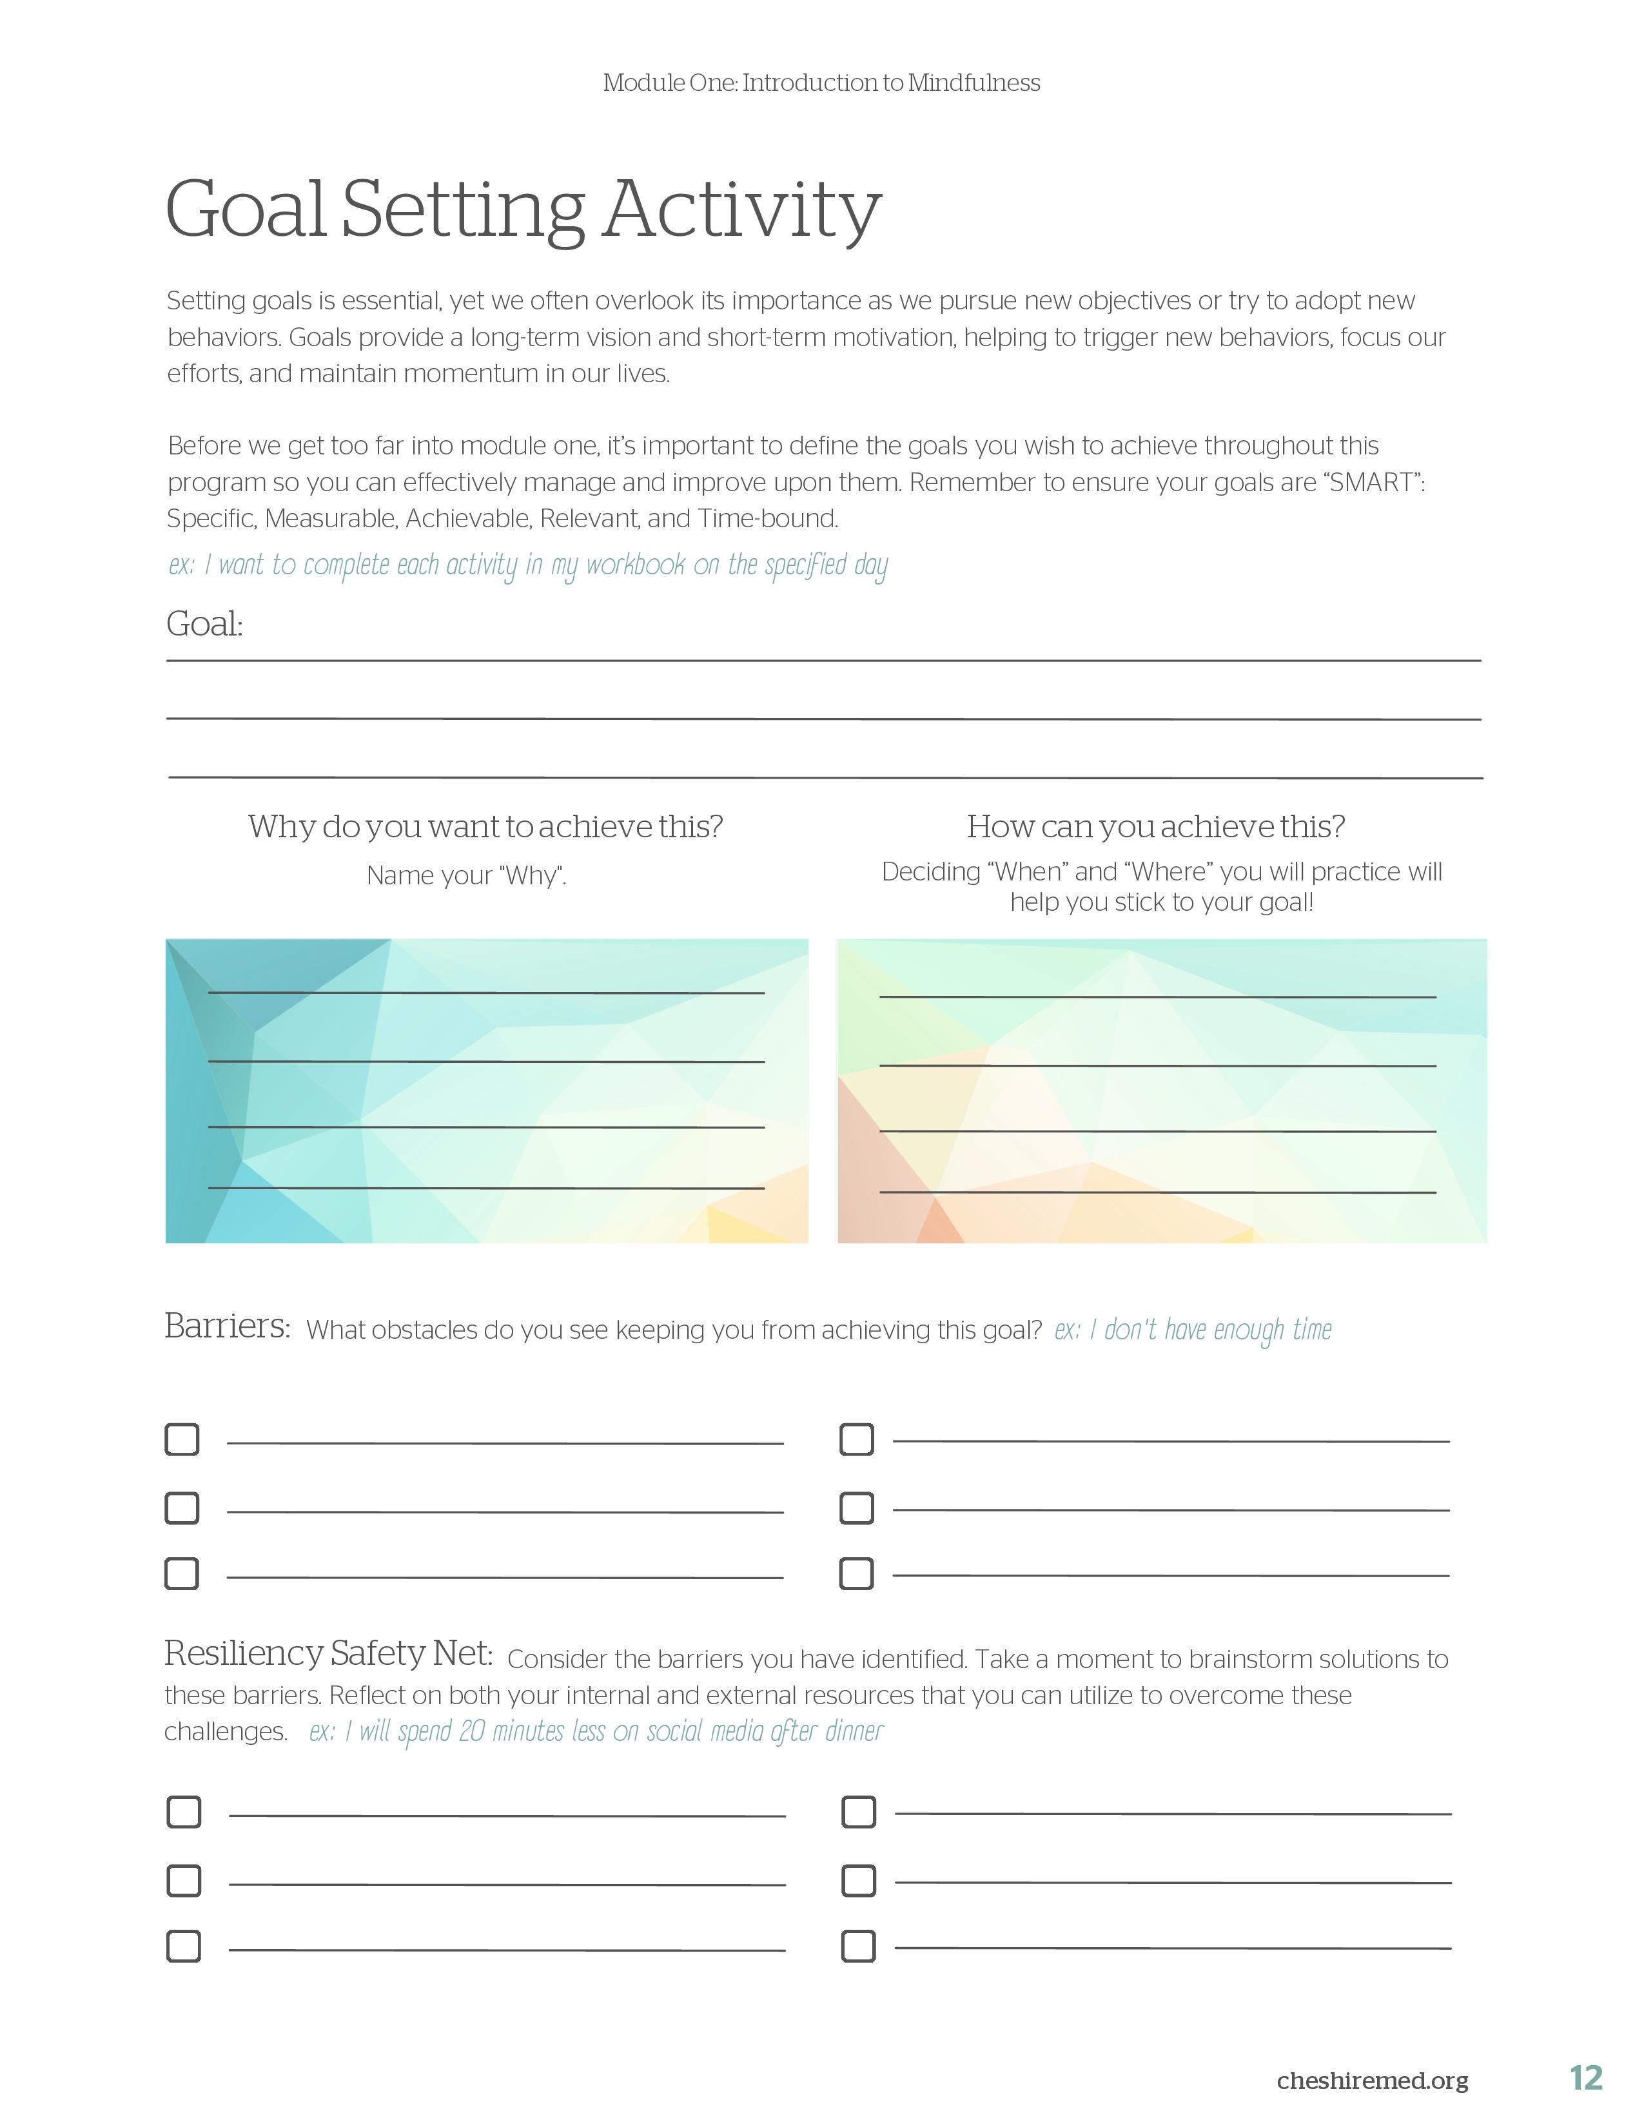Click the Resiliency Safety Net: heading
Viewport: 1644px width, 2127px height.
click(x=328, y=1653)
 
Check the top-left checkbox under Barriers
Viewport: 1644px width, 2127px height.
click(x=182, y=1439)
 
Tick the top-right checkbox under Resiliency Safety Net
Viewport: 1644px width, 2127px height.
click(x=858, y=1812)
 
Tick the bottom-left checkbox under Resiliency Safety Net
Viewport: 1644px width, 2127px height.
click(x=184, y=1946)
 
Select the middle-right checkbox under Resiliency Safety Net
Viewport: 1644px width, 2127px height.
click(x=858, y=1881)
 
